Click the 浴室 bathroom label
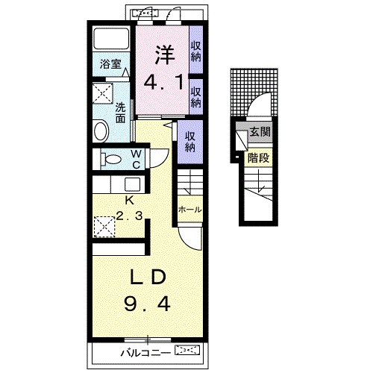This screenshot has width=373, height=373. coord(110,64)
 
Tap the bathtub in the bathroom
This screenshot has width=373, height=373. coord(111,39)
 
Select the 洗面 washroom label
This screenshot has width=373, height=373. coord(120,113)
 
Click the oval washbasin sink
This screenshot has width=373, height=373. coord(101,131)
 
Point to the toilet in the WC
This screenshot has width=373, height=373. coord(111,159)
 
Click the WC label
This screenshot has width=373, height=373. coord(136,159)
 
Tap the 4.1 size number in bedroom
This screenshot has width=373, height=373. coord(163,82)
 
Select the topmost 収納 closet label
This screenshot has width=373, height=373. coord(196,51)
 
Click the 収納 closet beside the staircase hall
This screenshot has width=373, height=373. coord(190,142)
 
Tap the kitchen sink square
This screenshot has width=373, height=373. coord(132,184)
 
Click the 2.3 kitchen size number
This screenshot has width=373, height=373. coord(130,216)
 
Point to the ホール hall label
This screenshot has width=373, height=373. coord(190,210)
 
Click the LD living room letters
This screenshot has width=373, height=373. coord(148,277)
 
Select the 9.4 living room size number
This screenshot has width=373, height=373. coord(147,304)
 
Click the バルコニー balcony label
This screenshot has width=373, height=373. coord(145,353)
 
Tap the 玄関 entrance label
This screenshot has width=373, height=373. coord(260,131)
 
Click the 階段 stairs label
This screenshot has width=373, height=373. coord(258,157)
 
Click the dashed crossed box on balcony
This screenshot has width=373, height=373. coord(187,350)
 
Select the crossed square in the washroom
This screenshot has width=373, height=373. coord(103,93)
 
